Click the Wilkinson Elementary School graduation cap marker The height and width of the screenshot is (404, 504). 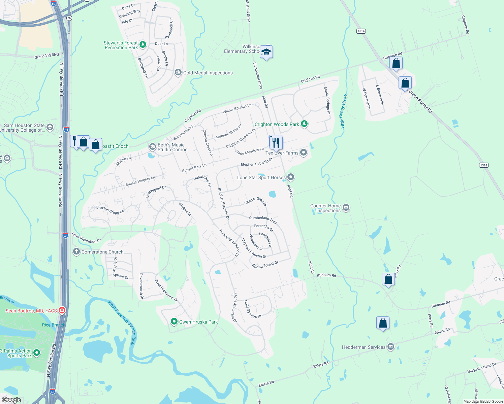click(266, 52)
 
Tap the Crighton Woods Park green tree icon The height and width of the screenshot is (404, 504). click(304, 124)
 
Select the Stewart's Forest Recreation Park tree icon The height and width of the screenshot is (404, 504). click(143, 44)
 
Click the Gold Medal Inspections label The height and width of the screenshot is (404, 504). click(208, 73)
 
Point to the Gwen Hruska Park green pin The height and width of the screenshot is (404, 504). click(174, 322)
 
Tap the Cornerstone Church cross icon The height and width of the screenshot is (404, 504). click(76, 251)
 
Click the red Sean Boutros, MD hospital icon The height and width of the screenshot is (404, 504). click(62, 310)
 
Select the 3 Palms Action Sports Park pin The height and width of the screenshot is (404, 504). click(37, 352)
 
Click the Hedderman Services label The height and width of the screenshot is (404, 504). click(364, 347)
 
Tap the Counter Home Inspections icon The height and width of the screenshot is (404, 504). click(346, 208)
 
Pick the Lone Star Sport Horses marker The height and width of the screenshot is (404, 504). click(291, 177)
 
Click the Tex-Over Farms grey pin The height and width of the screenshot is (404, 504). click(304, 153)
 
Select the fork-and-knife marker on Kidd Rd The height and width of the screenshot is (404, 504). click(276, 142)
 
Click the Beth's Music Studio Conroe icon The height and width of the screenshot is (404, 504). click(152, 147)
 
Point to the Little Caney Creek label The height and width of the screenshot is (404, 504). click(344, 111)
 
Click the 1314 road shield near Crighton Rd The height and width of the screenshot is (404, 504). click(361, 31)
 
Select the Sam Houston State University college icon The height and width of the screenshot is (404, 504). click(50, 127)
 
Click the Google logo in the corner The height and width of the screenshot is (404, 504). click(11, 400)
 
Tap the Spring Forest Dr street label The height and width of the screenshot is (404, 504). click(265, 265)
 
